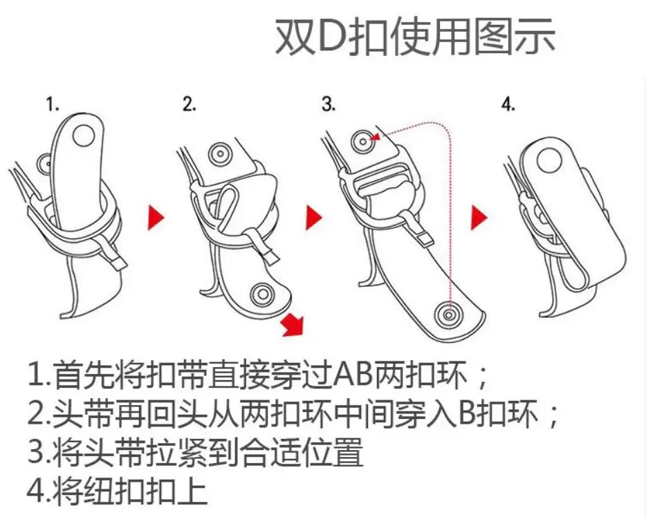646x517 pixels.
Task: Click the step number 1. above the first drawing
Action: pos(53,104)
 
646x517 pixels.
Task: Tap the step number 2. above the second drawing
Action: pos(189,104)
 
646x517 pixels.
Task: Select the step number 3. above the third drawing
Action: pos(329,104)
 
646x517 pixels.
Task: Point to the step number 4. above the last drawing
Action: pos(508,104)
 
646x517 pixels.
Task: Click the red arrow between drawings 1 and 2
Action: pos(156,217)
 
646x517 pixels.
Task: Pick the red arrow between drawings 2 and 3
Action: pos(314,217)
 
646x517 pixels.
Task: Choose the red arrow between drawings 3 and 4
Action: pos(479,217)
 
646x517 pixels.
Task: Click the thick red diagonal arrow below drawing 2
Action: pos(294,325)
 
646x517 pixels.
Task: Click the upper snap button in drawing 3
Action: pos(362,142)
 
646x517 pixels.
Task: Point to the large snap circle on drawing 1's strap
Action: pos(84,134)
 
